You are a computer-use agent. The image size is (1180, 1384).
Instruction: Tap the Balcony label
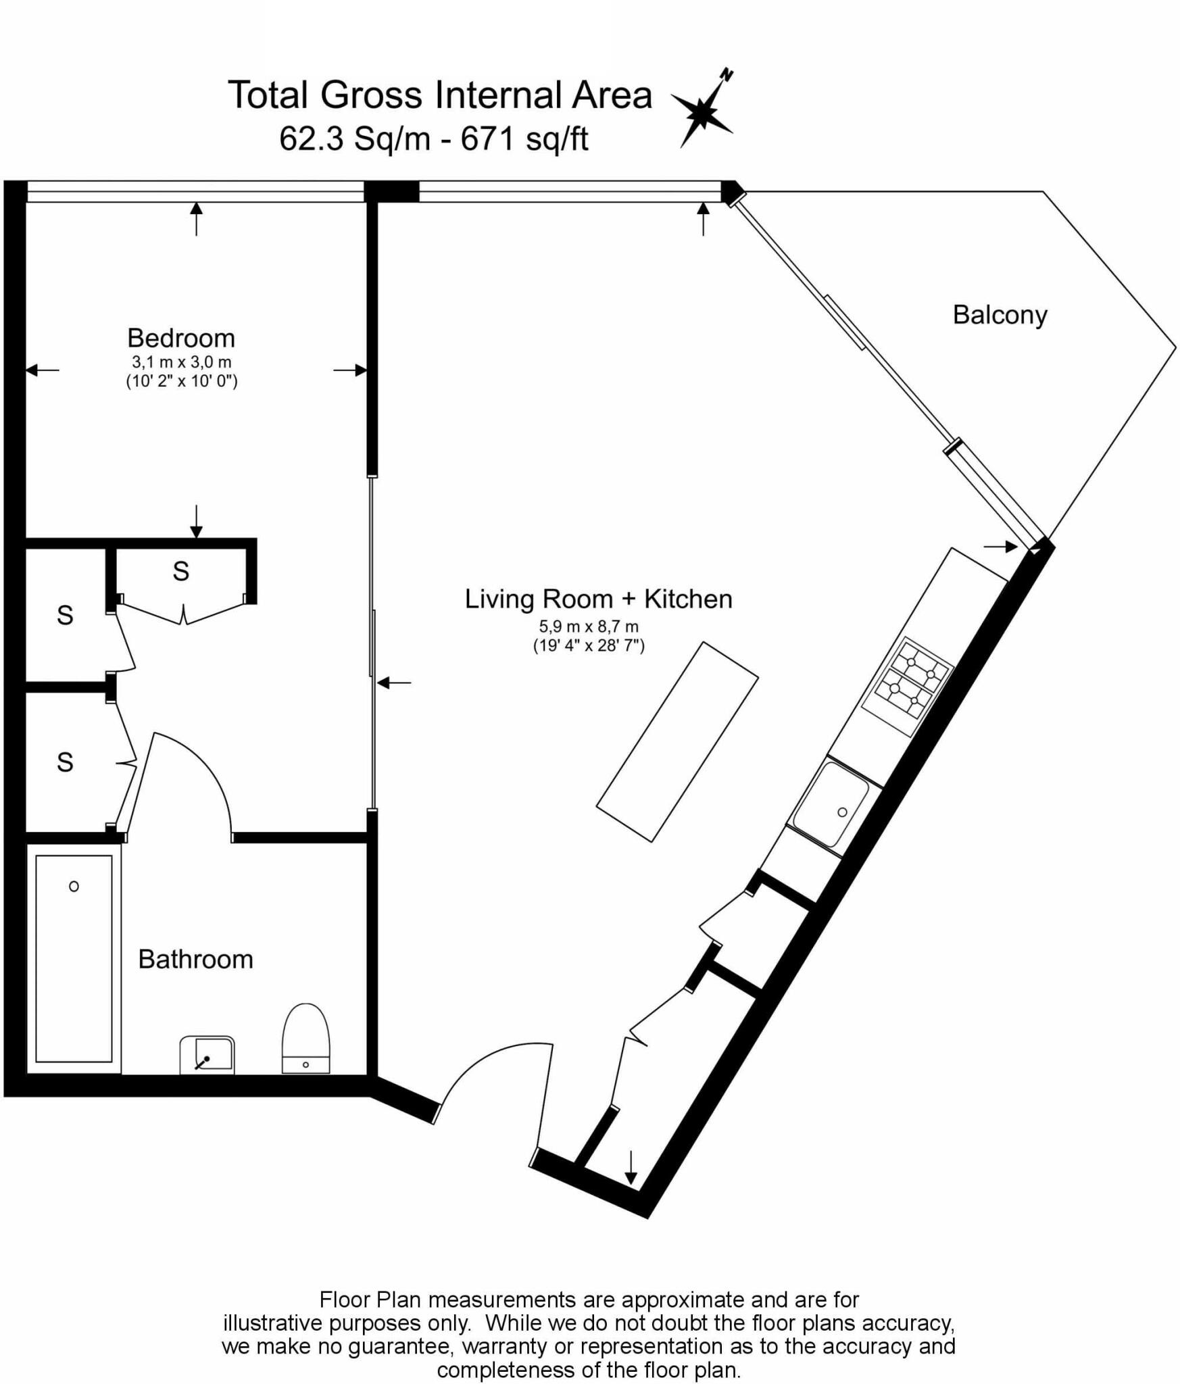point(1000,315)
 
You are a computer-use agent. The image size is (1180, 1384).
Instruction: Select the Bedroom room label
point(181,338)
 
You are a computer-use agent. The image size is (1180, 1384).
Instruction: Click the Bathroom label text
point(195,960)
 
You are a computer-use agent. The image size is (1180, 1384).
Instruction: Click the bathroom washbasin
point(207,1054)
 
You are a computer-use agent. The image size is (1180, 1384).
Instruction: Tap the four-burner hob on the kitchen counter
point(908,687)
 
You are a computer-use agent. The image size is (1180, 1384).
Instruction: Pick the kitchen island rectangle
point(677,741)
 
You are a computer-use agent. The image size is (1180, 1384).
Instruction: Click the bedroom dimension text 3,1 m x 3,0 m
point(181,362)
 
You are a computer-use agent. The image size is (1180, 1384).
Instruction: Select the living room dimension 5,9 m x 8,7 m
point(588,627)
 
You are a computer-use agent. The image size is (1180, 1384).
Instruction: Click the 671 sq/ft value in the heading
point(524,140)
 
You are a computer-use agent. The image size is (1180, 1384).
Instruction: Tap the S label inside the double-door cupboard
point(180,572)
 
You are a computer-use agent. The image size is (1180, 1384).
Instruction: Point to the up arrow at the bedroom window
point(196,218)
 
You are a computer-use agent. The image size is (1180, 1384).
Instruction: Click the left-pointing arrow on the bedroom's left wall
point(42,370)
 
